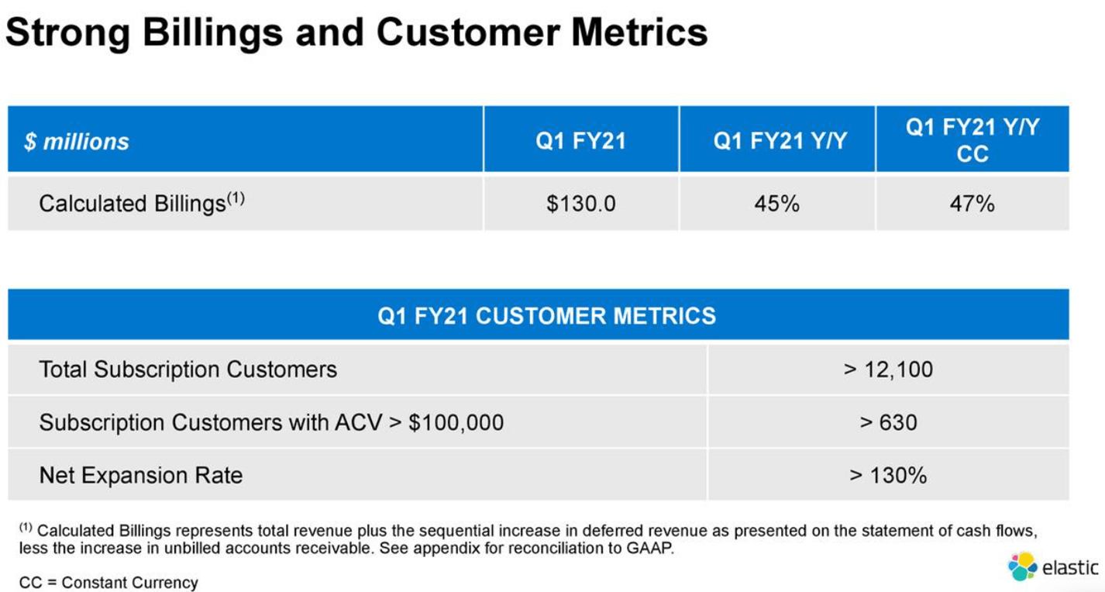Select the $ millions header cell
(x=77, y=142)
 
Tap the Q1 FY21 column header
(x=580, y=141)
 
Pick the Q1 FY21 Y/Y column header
(x=780, y=141)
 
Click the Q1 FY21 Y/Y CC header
(x=972, y=140)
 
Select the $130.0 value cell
(x=580, y=204)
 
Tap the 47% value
(x=972, y=204)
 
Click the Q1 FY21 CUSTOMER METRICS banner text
(x=546, y=315)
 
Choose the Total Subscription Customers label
(x=188, y=369)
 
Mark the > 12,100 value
(x=888, y=369)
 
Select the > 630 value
(x=888, y=422)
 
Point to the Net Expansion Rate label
(x=140, y=475)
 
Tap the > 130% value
(x=888, y=475)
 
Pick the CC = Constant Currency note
(x=108, y=582)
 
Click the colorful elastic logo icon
(x=1021, y=566)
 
